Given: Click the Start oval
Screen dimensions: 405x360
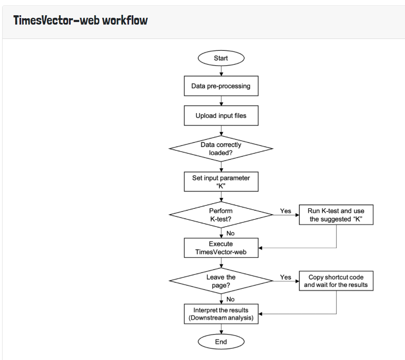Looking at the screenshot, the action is coord(221,58).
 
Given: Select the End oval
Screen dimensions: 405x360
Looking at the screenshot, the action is coord(221,342).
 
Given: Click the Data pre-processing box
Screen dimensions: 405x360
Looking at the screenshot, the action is coord(221,86).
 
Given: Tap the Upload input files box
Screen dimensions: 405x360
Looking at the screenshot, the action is coord(221,116).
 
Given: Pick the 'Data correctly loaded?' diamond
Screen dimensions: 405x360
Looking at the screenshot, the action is coord(221,149).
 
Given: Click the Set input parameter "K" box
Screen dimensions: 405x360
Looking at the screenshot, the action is coord(221,182).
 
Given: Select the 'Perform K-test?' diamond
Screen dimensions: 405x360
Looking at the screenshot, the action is coord(221,215).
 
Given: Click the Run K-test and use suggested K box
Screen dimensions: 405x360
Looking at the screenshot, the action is coord(336,215).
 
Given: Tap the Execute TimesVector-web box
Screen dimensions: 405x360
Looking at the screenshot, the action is coord(221,248).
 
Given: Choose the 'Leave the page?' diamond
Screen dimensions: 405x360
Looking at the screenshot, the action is coord(221,281).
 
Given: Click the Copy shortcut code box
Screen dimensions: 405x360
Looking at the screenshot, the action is coord(336,281).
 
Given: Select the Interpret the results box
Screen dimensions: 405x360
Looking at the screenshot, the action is coord(221,314).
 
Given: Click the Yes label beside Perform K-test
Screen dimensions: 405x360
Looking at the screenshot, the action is coord(286,211).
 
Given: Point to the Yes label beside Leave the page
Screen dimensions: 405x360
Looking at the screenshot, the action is coord(286,277).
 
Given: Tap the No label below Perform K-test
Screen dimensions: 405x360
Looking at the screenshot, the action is coord(230,233).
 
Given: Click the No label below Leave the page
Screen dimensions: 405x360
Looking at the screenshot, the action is coord(230,299).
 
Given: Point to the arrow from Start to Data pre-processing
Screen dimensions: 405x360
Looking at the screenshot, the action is coord(221,71).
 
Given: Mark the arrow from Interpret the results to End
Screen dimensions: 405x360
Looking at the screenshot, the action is coord(221,329).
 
